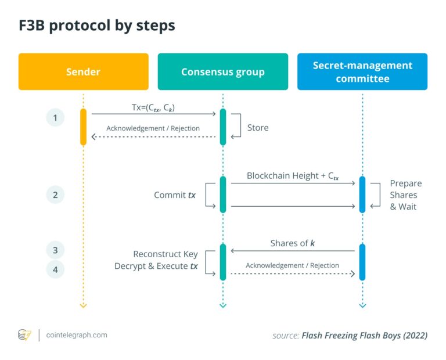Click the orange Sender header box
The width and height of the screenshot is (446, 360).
coord(83,72)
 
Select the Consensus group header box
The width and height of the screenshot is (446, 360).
coord(222,72)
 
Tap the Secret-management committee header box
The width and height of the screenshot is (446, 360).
coord(362,72)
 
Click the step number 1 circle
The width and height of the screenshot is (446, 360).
coord(55,118)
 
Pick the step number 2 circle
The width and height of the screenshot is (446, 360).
coord(55,195)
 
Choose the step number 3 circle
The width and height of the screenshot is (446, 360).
coord(55,250)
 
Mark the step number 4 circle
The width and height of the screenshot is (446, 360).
coord(55,269)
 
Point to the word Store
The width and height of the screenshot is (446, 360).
coord(258,127)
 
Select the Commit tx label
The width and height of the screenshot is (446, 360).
coord(174,195)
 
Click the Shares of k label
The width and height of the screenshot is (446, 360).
coord(293,243)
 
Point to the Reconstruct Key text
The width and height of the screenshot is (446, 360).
coord(166,254)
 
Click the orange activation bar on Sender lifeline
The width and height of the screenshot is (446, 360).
coord(83,127)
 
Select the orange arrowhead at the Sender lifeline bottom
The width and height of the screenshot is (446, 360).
coord(83,304)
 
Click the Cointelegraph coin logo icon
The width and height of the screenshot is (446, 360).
coord(24,335)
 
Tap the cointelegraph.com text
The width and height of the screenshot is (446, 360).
coord(77,335)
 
